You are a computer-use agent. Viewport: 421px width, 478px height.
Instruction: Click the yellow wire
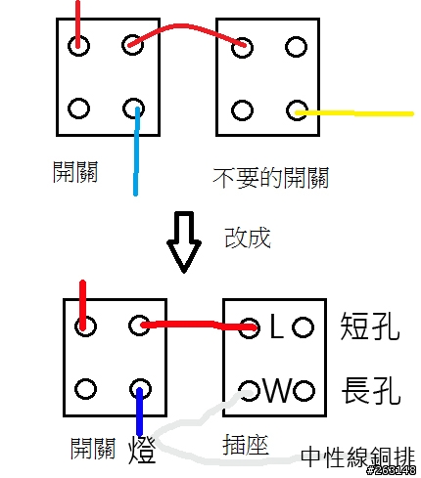click(354, 113)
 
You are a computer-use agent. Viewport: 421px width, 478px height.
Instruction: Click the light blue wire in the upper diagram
click(136, 152)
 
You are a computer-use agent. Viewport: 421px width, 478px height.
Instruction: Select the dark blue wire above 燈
click(140, 412)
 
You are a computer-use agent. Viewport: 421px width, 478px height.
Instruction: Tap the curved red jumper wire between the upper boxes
click(186, 26)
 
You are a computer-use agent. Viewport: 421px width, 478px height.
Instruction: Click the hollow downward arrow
click(184, 242)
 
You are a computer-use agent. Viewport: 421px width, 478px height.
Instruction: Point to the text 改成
click(248, 238)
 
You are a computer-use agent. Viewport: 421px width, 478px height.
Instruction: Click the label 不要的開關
click(270, 178)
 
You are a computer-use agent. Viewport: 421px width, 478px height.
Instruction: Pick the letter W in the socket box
click(278, 390)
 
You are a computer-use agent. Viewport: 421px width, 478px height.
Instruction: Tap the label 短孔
click(370, 326)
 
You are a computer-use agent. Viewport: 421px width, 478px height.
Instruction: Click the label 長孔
click(371, 390)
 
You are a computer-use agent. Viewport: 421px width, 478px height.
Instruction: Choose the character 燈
click(142, 449)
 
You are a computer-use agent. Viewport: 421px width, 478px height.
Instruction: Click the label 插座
click(246, 445)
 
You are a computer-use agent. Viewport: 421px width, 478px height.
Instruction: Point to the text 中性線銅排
click(357, 457)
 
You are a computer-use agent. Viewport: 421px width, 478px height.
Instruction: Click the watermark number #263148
click(391, 470)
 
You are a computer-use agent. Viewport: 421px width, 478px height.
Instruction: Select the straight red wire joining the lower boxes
click(199, 325)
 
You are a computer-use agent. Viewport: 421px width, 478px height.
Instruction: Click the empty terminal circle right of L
click(303, 326)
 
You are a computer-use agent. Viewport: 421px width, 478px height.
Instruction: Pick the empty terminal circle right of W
click(304, 391)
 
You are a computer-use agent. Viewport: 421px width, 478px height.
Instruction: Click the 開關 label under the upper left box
click(75, 172)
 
